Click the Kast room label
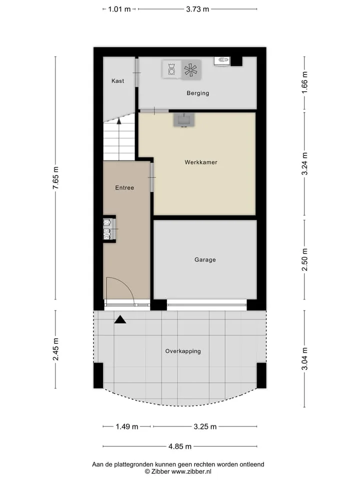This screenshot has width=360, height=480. click(x=118, y=81)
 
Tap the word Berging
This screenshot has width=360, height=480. click(x=198, y=93)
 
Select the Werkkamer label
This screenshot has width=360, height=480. click(x=201, y=162)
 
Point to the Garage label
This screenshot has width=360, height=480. click(x=205, y=259)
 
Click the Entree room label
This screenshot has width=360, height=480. click(x=124, y=187)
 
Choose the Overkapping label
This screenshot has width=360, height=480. click(x=183, y=351)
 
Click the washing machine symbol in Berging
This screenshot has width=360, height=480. click(x=171, y=69)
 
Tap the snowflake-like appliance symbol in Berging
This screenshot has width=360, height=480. click(x=191, y=70)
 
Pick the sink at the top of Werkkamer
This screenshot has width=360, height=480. click(x=184, y=119)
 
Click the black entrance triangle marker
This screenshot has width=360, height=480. click(x=120, y=319)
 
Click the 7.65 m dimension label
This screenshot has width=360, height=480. click(x=55, y=178)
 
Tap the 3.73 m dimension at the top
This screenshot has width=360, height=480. click(x=197, y=9)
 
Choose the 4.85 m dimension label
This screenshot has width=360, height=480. click(x=180, y=446)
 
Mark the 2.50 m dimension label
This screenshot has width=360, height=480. click(x=304, y=259)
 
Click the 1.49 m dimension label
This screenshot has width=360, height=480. click(x=126, y=426)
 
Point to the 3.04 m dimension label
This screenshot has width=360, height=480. click(x=304, y=359)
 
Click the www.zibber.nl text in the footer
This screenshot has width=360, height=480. click(x=191, y=471)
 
